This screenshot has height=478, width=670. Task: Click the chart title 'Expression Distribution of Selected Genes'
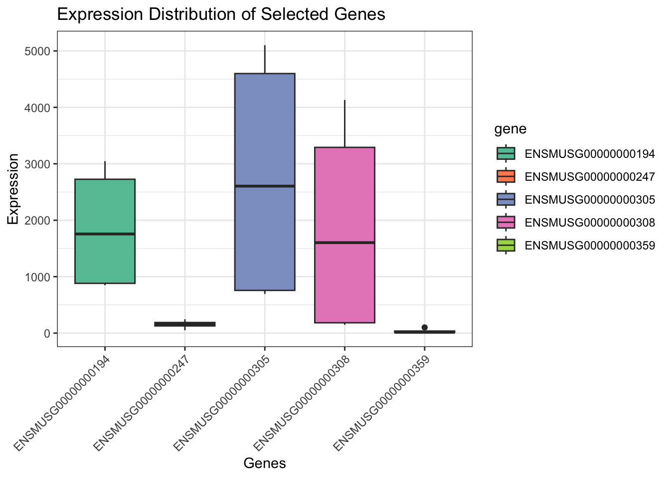pos(221,14)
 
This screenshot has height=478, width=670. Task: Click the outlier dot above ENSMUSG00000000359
pos(425,327)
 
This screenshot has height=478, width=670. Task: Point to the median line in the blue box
pos(265,186)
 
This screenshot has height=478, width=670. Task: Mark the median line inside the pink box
pos(344,242)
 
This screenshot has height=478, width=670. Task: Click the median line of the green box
pos(105,234)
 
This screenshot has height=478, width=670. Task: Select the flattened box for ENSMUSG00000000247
pos(185,324)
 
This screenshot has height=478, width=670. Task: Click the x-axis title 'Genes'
pos(265,464)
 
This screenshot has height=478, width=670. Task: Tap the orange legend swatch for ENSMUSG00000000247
pos(506,176)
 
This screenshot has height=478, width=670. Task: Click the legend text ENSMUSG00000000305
pos(590,199)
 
